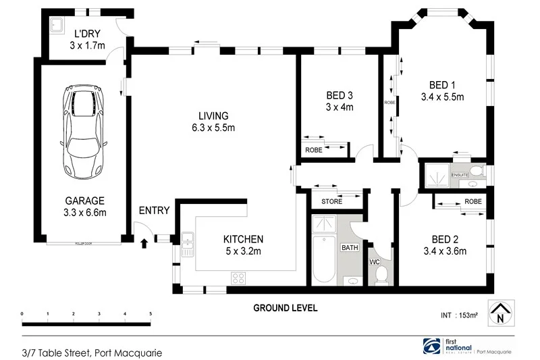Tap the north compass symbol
(500, 311)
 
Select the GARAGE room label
(84, 201)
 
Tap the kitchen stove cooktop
(239, 277)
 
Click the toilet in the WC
(381, 274)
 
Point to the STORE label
(331, 201)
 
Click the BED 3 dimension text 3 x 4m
(340, 107)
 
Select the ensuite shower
(435, 176)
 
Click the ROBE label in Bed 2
(473, 201)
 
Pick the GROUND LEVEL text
(285, 308)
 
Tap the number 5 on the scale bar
(150, 314)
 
